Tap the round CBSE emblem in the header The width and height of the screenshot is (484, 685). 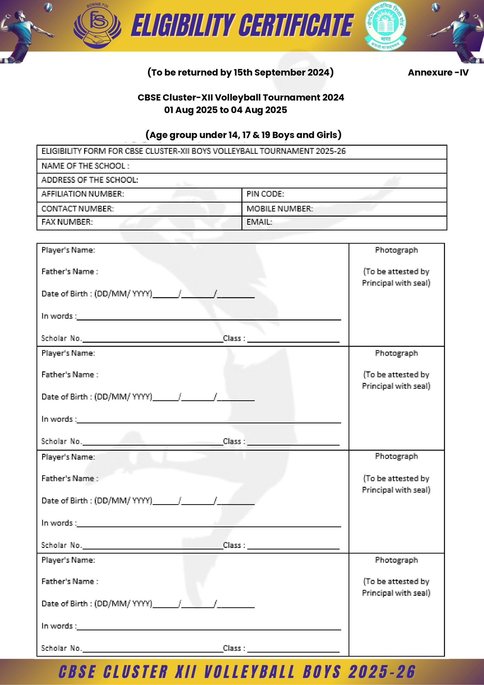[x=386, y=26]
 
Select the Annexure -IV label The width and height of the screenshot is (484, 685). [x=438, y=73]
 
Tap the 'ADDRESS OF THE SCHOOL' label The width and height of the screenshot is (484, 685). [x=90, y=180]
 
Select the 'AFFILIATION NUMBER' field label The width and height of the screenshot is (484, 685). [x=83, y=194]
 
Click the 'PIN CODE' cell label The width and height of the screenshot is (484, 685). [x=265, y=194]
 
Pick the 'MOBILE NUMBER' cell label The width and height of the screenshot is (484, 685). [x=279, y=208]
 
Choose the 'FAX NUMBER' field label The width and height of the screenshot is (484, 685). [x=67, y=222]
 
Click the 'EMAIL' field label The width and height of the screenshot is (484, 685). [x=259, y=222]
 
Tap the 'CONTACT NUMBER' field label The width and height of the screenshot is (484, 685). [x=78, y=208]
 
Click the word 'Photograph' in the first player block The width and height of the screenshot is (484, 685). [x=396, y=250]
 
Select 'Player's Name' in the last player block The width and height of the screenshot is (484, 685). [x=68, y=560]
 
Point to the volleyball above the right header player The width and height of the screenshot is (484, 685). [x=436, y=7]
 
